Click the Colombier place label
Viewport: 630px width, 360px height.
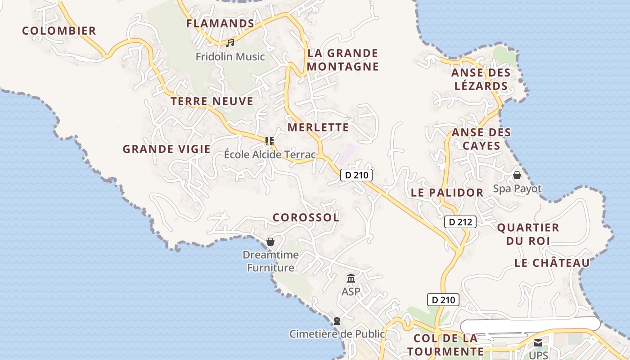59,31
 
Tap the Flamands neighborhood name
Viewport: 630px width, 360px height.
220,23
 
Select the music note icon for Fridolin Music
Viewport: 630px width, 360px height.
230,43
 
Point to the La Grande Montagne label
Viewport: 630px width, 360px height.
343,60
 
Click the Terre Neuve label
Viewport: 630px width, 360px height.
212,101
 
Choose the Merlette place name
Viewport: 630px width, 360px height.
318,127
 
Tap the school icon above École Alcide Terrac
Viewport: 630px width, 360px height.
270,141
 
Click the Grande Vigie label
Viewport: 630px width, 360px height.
166,149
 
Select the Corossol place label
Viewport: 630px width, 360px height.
306,217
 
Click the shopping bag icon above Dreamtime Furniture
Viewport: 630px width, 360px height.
270,242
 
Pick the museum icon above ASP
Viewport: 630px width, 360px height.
351,279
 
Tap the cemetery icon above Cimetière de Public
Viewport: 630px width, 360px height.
337,321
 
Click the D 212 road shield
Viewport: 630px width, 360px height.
460,221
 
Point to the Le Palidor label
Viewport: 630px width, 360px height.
447,193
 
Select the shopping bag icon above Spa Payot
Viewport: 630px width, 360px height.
517,175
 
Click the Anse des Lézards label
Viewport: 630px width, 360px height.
481,79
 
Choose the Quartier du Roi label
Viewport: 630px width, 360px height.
528,234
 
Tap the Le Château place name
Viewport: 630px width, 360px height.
552,263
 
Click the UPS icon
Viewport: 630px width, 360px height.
538,343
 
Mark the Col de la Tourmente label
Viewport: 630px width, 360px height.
445,345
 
